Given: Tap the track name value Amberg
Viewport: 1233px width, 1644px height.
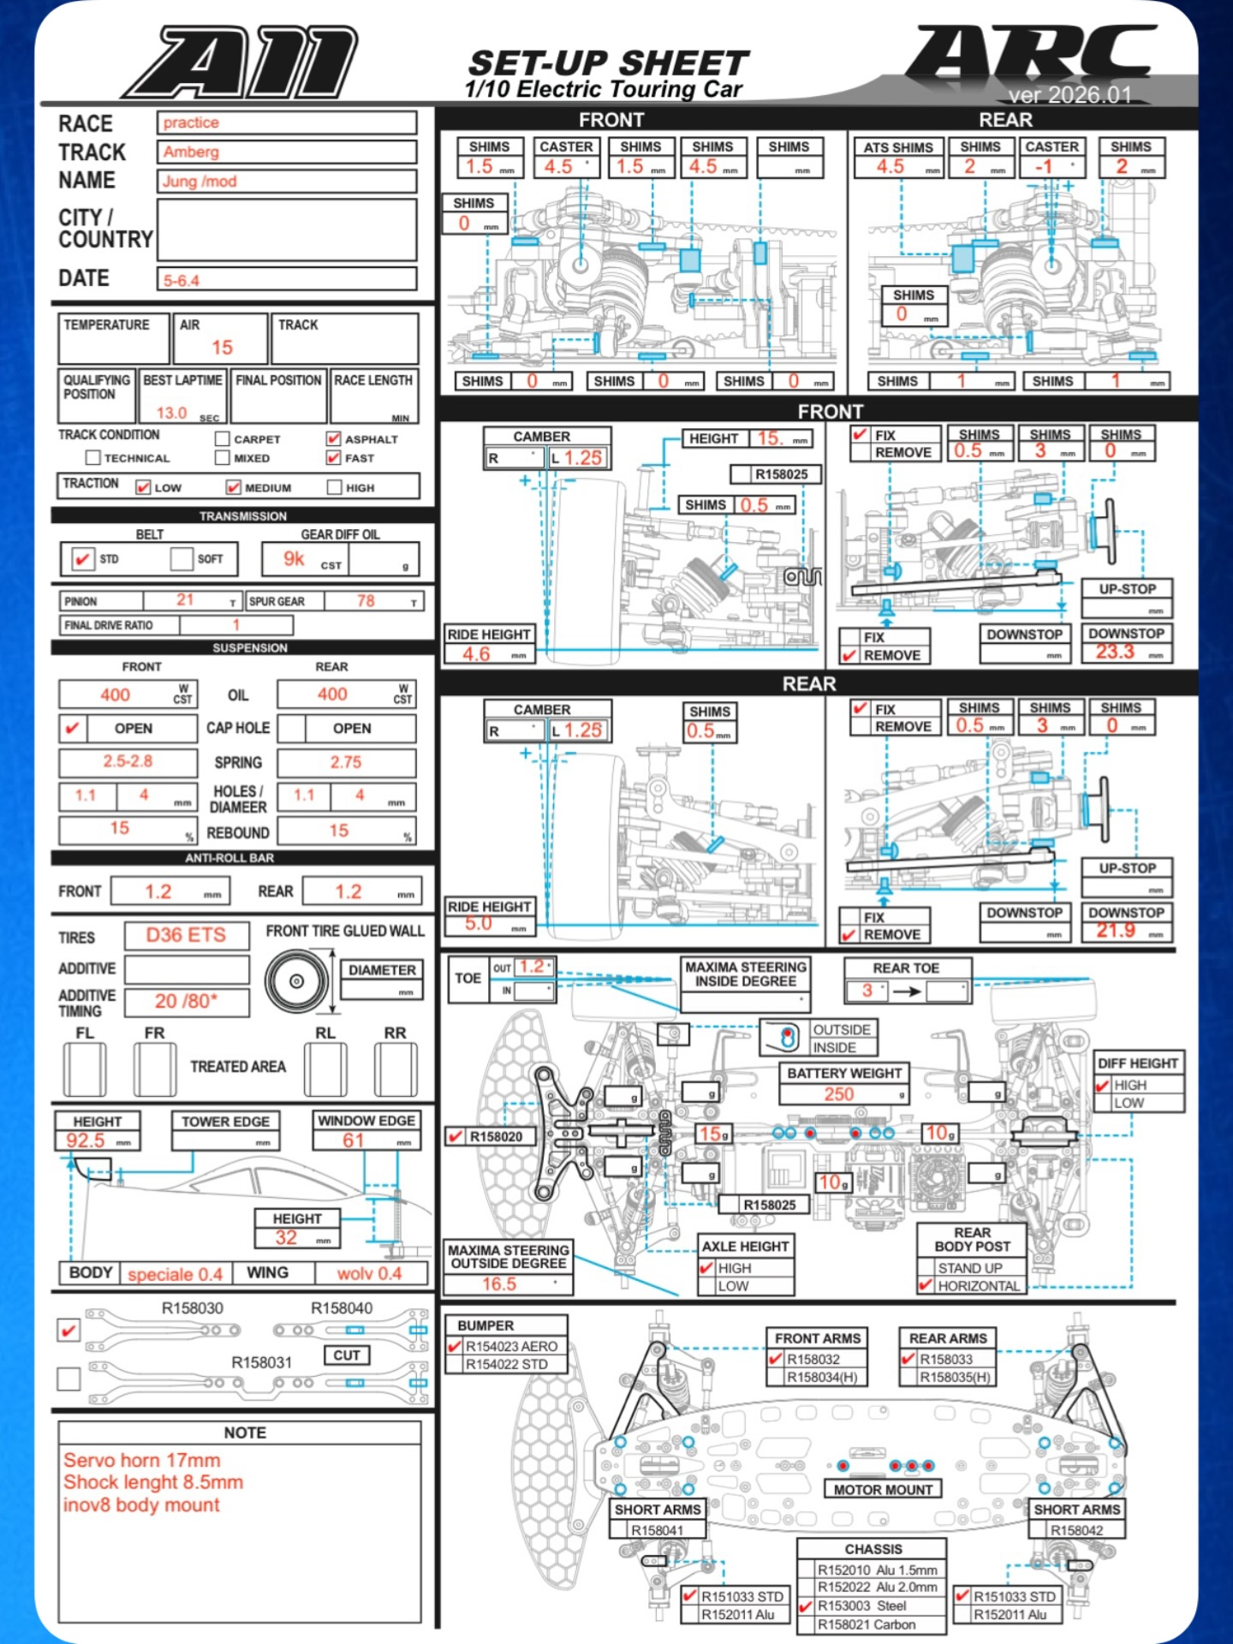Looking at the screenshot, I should (x=192, y=152).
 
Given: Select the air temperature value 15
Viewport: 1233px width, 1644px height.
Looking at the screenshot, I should (x=222, y=348).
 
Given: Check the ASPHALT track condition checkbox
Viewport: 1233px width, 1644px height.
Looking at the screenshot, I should (x=333, y=438).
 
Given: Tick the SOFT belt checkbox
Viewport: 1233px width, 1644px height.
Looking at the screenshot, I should (x=181, y=559).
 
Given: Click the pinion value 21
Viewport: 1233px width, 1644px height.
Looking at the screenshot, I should (x=185, y=600).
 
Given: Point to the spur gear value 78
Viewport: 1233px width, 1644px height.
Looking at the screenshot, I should (x=366, y=601).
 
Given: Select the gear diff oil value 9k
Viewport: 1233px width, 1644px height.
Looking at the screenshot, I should (x=294, y=559).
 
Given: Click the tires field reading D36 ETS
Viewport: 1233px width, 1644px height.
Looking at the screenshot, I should (x=186, y=935).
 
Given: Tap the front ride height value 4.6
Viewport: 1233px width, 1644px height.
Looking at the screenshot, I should (x=476, y=654).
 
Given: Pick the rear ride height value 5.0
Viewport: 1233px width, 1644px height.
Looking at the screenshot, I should (x=479, y=924).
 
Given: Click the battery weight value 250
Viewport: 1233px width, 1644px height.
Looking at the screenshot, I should (x=839, y=1093).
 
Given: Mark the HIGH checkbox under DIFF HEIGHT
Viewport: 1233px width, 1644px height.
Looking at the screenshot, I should (x=1103, y=1085).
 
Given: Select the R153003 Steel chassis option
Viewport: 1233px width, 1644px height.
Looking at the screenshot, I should (x=806, y=1606).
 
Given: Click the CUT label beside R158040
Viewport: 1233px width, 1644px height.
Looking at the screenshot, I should (x=347, y=1355).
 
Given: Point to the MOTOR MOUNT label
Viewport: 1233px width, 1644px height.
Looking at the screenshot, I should (x=883, y=1490).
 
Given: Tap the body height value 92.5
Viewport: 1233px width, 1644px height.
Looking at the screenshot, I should (x=86, y=1141).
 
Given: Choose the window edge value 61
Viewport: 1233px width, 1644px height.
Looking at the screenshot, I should (x=354, y=1141).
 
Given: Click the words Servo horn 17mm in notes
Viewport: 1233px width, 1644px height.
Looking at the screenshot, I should (x=142, y=1460).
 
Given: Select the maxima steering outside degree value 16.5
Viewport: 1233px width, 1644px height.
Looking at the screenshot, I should (x=499, y=1284).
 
